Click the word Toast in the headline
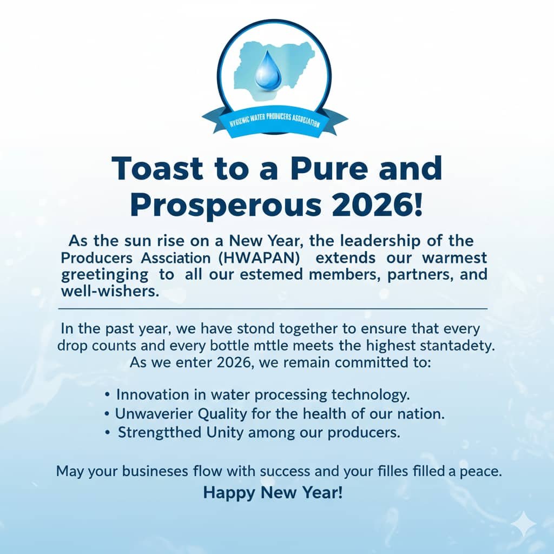(157, 168)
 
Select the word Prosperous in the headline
(226, 206)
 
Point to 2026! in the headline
(377, 205)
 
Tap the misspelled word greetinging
(104, 275)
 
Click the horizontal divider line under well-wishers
(273, 309)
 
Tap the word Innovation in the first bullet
(151, 394)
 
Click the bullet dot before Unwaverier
(107, 414)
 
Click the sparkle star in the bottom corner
(525, 524)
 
